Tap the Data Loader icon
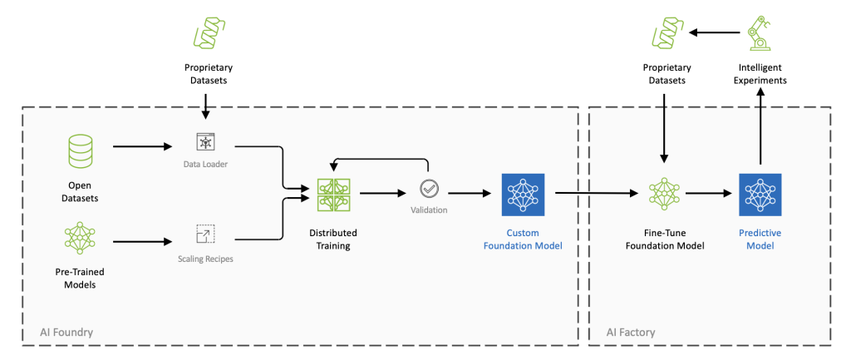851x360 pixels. [204, 141]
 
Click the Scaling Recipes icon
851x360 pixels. [204, 234]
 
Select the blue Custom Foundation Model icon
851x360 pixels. [523, 194]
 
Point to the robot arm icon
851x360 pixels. [760, 33]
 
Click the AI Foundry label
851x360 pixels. [66, 333]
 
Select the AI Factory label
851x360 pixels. [630, 333]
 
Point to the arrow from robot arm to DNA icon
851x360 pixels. [715, 33]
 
